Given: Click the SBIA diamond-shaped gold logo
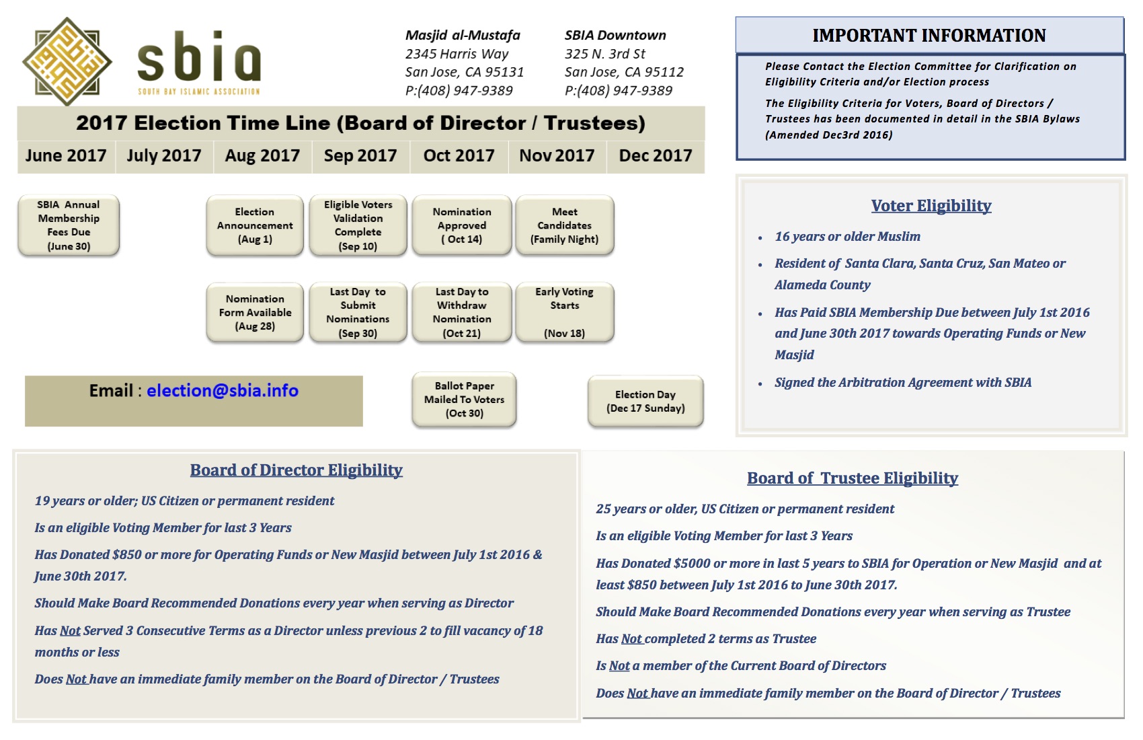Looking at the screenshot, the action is tap(67, 61).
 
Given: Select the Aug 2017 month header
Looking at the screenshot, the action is tap(262, 155).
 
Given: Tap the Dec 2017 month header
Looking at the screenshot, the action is tap(655, 155).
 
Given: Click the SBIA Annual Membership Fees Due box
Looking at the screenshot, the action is tap(69, 225).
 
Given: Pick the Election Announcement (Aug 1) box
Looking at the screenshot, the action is tap(255, 225).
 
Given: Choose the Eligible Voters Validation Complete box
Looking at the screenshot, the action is tap(358, 225).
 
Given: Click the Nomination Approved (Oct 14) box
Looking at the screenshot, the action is tap(462, 225).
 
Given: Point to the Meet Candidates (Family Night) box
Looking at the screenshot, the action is tap(564, 225).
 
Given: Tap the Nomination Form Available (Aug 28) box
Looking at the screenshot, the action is tap(255, 312).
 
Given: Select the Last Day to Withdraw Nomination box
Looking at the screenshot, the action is tap(462, 312).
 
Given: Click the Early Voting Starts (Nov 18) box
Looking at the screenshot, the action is tap(564, 312).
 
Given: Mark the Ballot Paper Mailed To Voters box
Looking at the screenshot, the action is tap(464, 400).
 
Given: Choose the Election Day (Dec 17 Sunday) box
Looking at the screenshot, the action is tap(645, 401).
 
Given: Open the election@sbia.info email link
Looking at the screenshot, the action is tap(223, 391).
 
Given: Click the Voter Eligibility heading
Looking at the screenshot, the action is tap(931, 205).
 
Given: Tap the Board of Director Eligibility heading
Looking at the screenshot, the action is tap(296, 470).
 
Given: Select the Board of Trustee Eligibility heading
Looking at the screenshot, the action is tap(852, 478).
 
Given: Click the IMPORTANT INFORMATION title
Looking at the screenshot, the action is tap(929, 35).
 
